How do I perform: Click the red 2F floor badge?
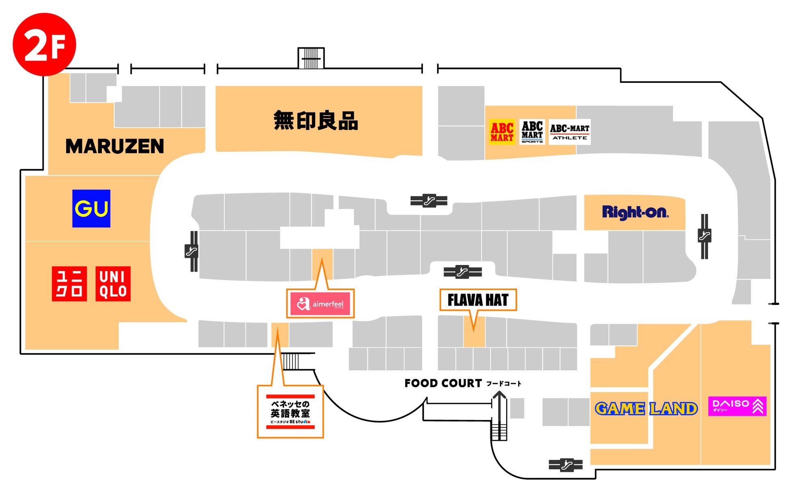click(44, 44)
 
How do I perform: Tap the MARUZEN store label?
click(115, 146)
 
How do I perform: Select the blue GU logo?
click(91, 209)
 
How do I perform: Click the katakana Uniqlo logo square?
click(69, 284)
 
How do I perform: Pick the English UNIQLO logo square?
click(113, 284)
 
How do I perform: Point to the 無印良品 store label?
click(316, 121)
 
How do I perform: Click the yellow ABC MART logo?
click(502, 132)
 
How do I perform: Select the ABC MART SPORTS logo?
click(532, 132)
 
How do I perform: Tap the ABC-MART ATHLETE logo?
click(569, 132)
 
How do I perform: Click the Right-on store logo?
click(635, 212)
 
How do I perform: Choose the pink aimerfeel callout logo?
click(320, 304)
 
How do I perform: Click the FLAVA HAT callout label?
click(478, 300)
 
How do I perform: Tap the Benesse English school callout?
click(290, 412)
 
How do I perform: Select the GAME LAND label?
click(646, 408)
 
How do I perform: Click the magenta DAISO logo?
click(737, 406)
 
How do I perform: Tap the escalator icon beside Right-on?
click(704, 236)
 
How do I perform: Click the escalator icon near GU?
click(192, 251)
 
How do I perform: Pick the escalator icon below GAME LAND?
click(566, 465)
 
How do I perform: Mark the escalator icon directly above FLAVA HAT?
click(463, 272)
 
